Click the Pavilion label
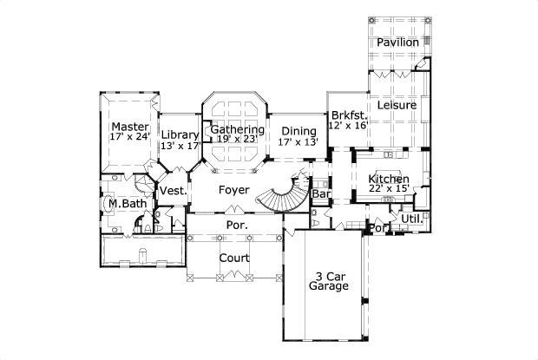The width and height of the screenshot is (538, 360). pos(397,43)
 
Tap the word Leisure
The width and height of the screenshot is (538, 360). pos(397,105)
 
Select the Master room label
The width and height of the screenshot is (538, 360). pos(129,127)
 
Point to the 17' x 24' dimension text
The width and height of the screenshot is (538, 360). pos(130,137)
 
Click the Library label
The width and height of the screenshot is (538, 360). pos(180,135)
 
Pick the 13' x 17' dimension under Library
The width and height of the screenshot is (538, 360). pos(180,146)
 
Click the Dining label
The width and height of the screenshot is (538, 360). pos(299,131)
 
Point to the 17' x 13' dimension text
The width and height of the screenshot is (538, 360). pos(299,141)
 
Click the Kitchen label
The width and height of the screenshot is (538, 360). pos(389,178)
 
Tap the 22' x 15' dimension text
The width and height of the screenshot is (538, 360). pos(389,188)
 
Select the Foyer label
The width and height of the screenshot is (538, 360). pos(233,189)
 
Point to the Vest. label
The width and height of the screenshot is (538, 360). pos(169,191)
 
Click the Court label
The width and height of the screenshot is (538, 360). pos(234,258)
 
